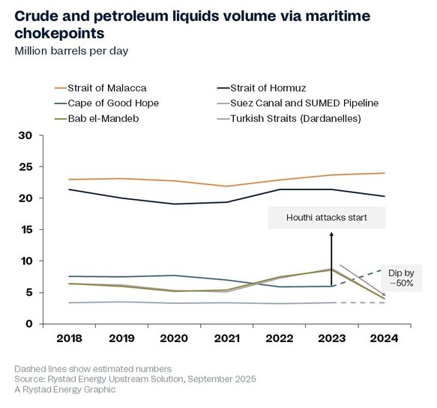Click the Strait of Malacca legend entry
point(100,88)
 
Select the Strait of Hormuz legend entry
point(262,88)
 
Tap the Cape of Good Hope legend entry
point(106,103)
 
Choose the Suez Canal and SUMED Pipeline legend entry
point(298,103)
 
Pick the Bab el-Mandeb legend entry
point(97,118)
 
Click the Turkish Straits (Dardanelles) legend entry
point(289,118)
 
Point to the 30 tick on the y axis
point(25,136)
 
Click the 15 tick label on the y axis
point(25,230)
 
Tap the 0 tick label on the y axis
point(29,324)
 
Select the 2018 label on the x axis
point(69,338)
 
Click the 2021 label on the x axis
point(227,338)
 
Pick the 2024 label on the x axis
point(384,338)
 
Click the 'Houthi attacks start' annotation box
point(327,218)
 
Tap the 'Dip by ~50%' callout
point(401,278)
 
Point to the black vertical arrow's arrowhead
point(331,234)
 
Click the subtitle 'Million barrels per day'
point(71,51)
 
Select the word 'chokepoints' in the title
point(59,34)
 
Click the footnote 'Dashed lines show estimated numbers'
point(93,369)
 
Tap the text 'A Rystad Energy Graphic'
point(65,389)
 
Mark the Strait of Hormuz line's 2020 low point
point(175,204)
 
